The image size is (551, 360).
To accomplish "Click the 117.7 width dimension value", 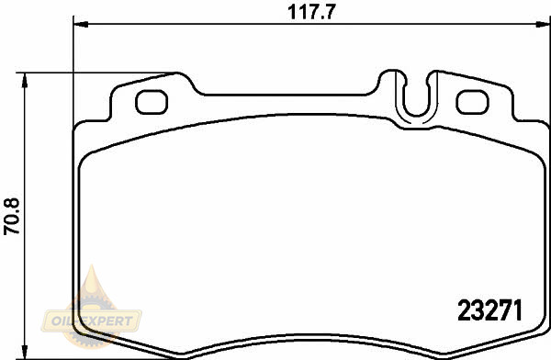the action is [x=311, y=12].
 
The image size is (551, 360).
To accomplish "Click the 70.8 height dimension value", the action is [x=12, y=216].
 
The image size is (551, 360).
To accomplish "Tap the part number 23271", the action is [x=490, y=310].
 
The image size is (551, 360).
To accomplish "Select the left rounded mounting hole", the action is [x=152, y=102].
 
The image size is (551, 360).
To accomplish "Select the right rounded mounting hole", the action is [x=472, y=102].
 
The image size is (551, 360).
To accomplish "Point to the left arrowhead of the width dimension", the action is [x=81, y=24].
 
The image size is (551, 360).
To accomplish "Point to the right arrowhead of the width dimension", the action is [x=542, y=24].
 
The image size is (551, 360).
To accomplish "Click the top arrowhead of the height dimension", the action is [x=24, y=81].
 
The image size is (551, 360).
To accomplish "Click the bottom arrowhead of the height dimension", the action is [x=24, y=352].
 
